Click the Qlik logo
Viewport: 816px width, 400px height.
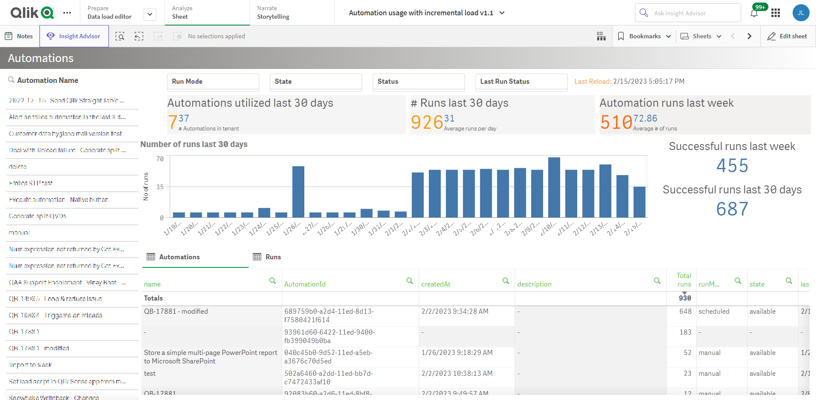point(32,13)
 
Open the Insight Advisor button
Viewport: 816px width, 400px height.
point(74,36)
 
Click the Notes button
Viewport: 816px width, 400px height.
point(19,36)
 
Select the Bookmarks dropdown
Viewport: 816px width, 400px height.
point(644,36)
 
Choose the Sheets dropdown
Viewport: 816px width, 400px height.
point(701,36)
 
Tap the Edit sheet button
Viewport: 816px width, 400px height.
point(787,36)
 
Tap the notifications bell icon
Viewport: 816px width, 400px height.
point(754,13)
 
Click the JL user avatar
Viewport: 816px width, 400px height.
point(801,13)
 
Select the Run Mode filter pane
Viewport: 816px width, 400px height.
point(213,82)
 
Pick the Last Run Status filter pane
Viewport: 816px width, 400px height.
point(521,82)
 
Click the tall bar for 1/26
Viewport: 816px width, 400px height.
point(298,192)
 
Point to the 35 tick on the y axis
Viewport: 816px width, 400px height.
point(160,187)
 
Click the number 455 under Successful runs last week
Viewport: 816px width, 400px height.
point(732,166)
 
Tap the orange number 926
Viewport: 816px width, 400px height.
point(427,122)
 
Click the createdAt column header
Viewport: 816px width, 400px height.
point(436,284)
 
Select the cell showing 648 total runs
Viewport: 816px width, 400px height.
point(685,312)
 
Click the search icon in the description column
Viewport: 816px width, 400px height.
point(657,281)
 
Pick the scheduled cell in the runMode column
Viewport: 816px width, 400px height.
point(714,312)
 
